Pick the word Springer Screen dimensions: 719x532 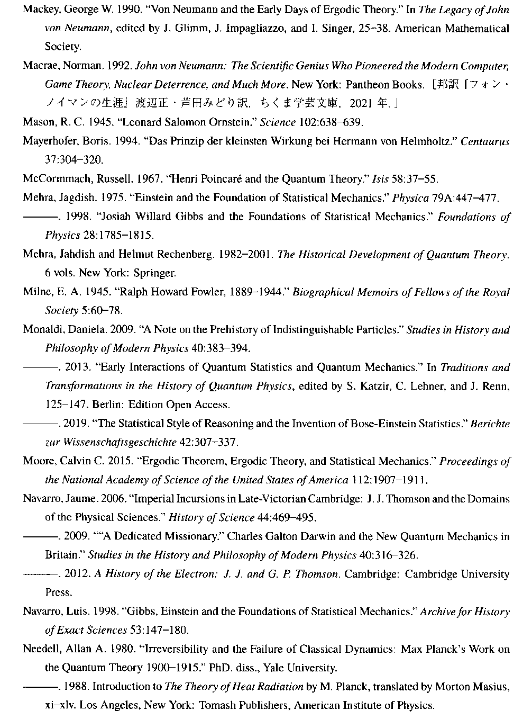click(x=156, y=273)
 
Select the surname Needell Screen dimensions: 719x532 click(x=39, y=649)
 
